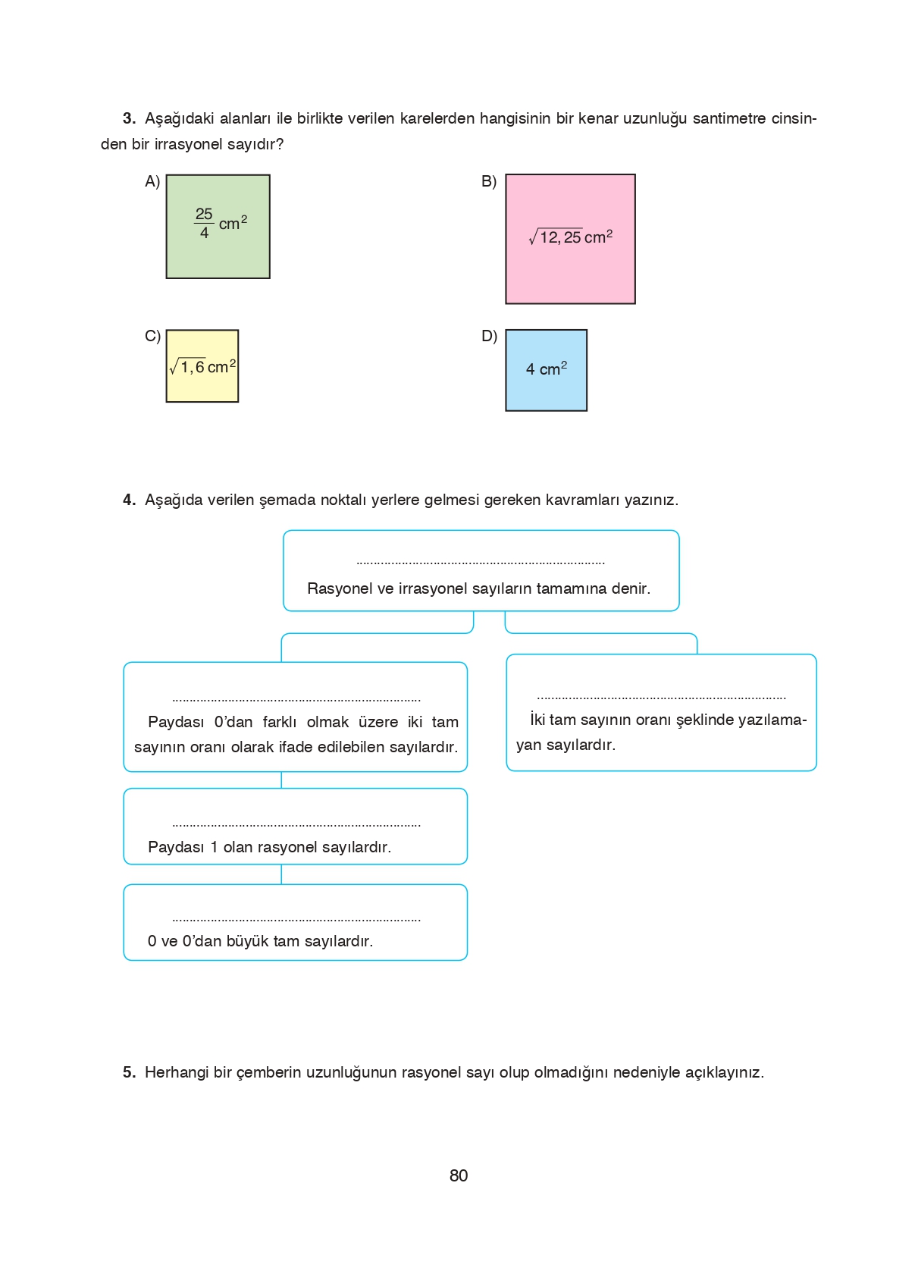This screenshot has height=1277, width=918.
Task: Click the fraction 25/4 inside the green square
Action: tap(204, 224)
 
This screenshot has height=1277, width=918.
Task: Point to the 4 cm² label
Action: tap(546, 369)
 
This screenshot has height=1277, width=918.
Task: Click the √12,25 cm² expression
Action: tap(570, 237)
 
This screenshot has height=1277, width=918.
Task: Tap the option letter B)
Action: tap(489, 181)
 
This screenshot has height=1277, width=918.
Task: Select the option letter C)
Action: tap(152, 336)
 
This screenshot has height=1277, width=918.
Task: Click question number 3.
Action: tap(129, 118)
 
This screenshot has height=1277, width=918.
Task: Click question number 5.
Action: tap(129, 1072)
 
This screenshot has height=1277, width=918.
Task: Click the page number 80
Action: tap(459, 1175)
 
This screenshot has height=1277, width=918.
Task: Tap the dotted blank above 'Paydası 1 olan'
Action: tap(296, 824)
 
